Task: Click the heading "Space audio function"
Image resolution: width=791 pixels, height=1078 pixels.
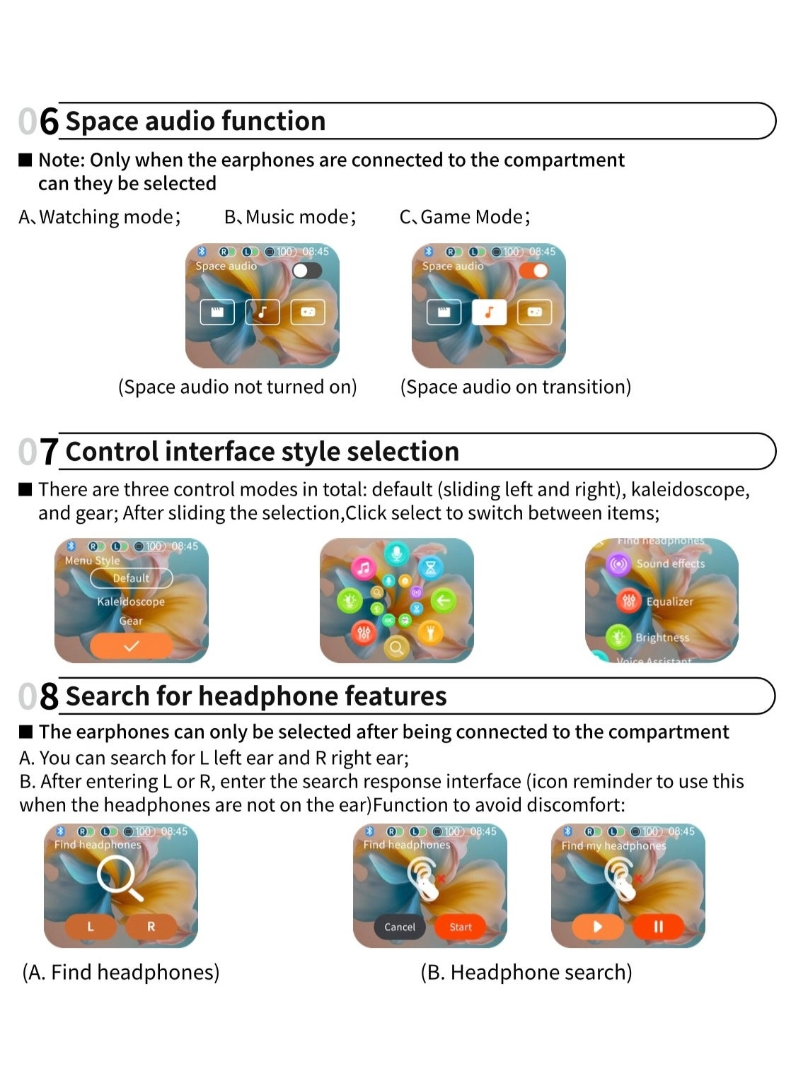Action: [x=195, y=122]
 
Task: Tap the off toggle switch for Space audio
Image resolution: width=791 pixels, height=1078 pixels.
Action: [x=307, y=271]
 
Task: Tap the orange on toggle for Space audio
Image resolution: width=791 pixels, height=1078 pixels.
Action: [x=533, y=271]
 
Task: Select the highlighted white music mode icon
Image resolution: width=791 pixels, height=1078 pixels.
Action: [x=489, y=312]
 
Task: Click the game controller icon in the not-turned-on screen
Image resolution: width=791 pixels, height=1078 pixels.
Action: [x=308, y=312]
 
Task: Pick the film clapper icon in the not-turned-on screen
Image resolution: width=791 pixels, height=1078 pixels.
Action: [x=217, y=312]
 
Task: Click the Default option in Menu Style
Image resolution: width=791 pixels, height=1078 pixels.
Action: [x=131, y=578]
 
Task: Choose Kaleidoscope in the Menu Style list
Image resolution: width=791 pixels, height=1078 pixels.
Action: [x=131, y=602]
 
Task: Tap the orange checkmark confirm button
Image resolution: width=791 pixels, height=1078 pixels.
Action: [x=132, y=645]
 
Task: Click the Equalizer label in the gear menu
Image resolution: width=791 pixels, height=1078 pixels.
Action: [x=669, y=602]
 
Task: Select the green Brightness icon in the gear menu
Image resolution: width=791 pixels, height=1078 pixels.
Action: [x=618, y=637]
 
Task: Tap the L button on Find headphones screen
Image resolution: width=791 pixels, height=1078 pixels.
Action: [x=91, y=927]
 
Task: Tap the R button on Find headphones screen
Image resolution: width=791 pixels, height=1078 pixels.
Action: [x=151, y=927]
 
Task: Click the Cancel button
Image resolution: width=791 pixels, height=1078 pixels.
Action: [x=400, y=927]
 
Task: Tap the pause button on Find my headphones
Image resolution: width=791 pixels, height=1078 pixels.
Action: [x=658, y=927]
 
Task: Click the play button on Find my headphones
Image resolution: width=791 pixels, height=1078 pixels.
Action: [x=598, y=927]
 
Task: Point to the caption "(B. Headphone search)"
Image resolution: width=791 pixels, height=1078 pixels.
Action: [x=526, y=973]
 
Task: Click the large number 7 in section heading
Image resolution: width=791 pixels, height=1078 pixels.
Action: [x=48, y=452]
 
